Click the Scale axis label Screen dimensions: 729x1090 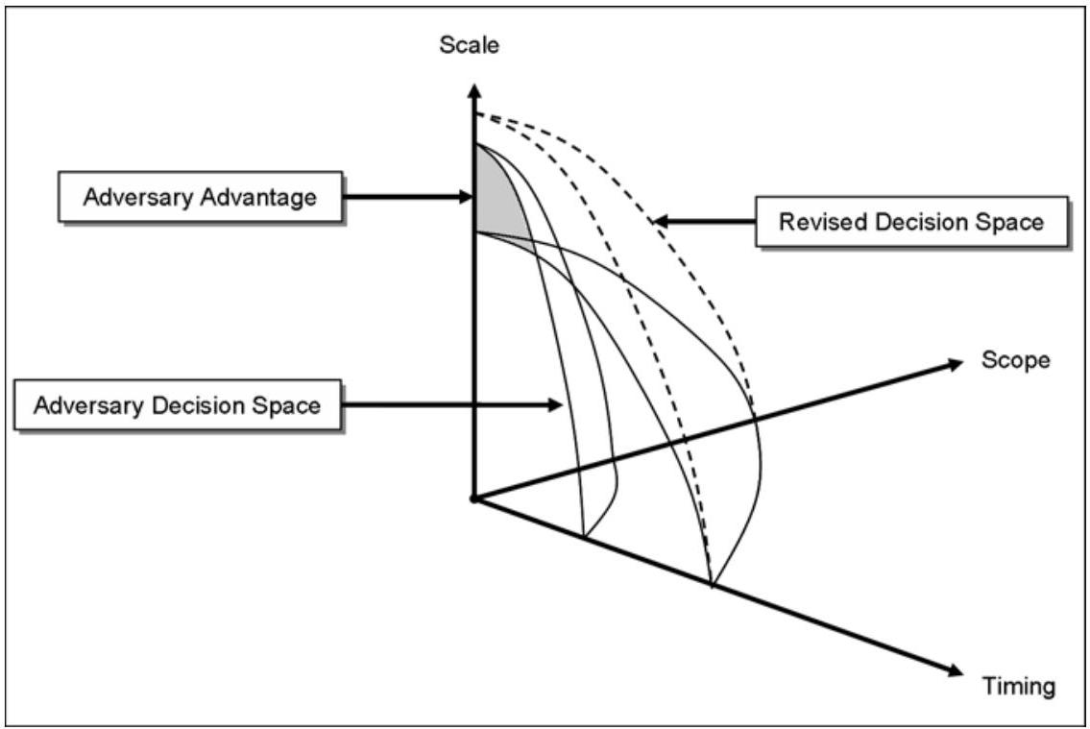click(470, 44)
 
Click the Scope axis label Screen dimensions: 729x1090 click(1016, 360)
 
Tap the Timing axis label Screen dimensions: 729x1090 click(1019, 686)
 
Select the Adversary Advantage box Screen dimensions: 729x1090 click(199, 198)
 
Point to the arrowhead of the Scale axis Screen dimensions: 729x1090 click(472, 90)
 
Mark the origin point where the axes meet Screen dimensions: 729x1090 click(472, 498)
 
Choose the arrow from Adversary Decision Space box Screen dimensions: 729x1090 click(451, 405)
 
